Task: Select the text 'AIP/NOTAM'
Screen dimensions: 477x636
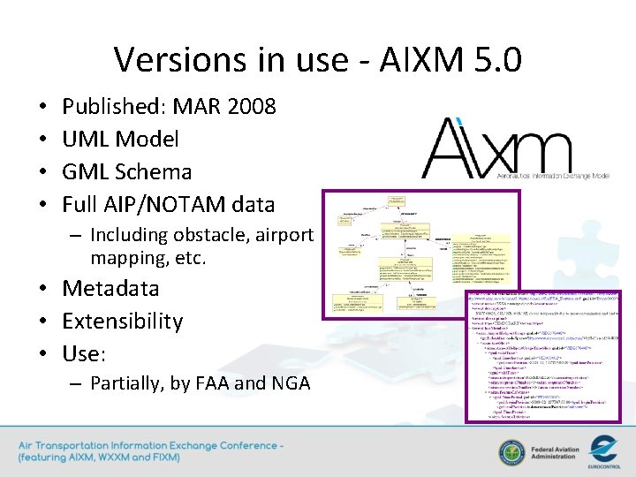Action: click(163, 204)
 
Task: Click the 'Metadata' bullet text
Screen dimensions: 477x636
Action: click(110, 289)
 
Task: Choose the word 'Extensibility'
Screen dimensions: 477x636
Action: click(122, 321)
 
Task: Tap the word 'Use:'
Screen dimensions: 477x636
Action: click(84, 353)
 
